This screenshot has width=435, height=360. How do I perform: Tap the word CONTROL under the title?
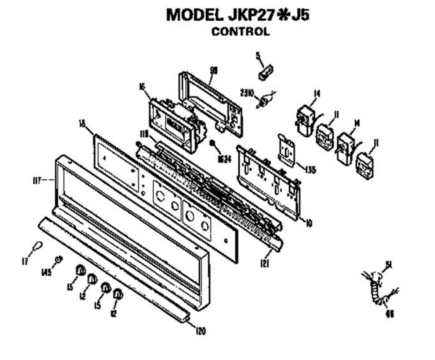[x=241, y=32]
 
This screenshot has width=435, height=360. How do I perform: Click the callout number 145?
[x=46, y=272]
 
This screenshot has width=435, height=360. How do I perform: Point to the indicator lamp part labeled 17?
[x=37, y=247]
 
